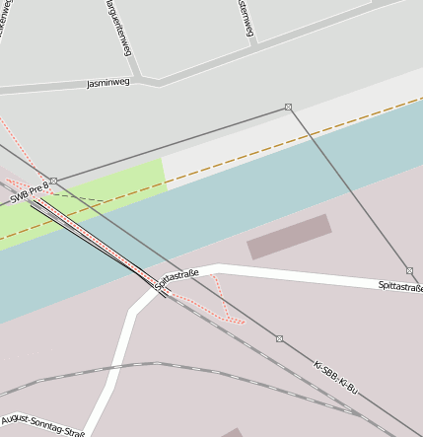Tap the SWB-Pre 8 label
30,191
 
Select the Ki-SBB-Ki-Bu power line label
335,378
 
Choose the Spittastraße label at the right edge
400,286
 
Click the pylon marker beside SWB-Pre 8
53,181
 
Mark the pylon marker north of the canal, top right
288,107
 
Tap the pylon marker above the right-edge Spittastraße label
409,270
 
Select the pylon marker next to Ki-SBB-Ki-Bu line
279,338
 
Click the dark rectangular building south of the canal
289,237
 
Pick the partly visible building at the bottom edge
232,432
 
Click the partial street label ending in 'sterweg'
247,18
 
